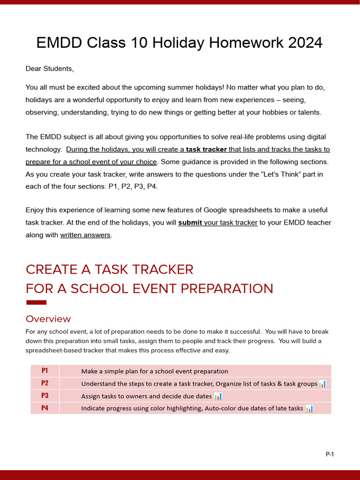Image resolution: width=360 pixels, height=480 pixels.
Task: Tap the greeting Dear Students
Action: (x=50, y=68)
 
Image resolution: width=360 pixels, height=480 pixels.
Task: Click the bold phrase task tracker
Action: (x=206, y=150)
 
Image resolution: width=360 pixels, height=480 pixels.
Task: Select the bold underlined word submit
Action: (x=190, y=223)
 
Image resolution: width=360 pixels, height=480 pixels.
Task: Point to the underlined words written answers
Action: (x=85, y=235)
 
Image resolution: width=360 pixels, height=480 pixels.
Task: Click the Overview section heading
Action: (x=48, y=319)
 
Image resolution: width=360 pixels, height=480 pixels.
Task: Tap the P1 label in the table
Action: (x=45, y=371)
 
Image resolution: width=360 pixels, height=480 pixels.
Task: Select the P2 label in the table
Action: (x=45, y=383)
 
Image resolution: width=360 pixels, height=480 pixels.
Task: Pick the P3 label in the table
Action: (x=45, y=396)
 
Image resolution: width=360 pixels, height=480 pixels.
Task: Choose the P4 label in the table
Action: (x=45, y=408)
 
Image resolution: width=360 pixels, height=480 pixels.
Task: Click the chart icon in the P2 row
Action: (x=322, y=384)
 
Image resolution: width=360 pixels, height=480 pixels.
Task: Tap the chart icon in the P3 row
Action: (x=218, y=396)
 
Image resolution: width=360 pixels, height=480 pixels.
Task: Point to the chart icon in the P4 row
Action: (x=309, y=408)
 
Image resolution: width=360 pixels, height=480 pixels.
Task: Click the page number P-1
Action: (x=330, y=454)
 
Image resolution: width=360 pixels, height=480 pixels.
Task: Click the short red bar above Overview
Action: (x=37, y=302)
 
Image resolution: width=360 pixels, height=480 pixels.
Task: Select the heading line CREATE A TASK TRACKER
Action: (x=109, y=270)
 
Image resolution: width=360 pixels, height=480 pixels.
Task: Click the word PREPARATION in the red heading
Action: (x=227, y=288)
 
